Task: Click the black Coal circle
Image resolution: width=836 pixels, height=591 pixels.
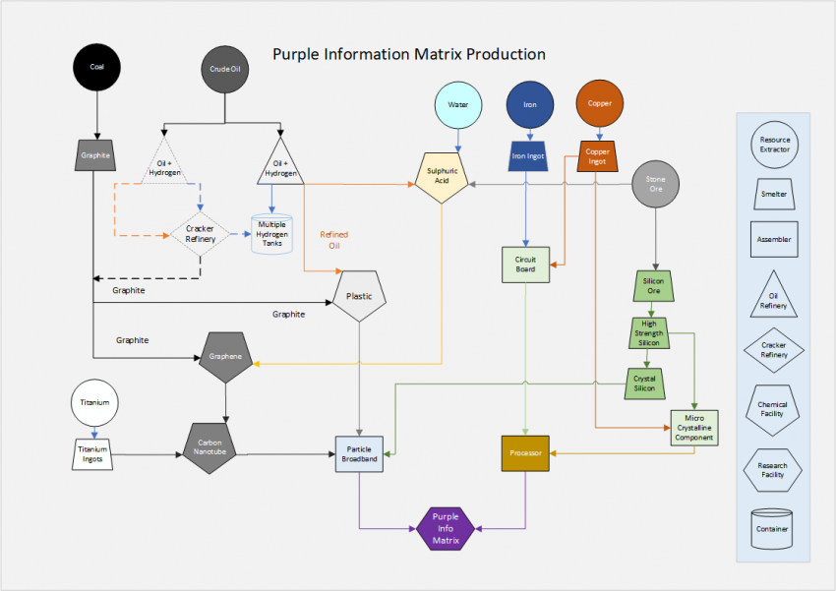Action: tap(96, 67)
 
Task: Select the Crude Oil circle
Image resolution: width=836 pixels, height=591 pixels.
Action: tap(225, 70)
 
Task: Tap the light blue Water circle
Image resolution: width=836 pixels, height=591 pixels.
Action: tap(458, 105)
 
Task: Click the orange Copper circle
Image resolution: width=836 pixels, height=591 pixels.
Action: tap(599, 103)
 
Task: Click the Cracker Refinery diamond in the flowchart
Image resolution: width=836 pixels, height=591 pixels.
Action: tap(201, 234)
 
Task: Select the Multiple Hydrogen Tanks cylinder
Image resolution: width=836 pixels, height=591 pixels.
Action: tap(272, 235)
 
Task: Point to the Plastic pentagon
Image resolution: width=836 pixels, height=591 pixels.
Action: tap(359, 297)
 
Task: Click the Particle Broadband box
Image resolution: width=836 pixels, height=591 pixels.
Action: tap(359, 454)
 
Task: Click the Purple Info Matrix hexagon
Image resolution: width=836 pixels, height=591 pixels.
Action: tap(446, 528)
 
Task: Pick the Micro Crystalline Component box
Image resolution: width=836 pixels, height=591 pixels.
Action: tap(694, 426)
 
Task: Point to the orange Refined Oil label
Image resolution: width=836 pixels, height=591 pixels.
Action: tap(329, 240)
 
